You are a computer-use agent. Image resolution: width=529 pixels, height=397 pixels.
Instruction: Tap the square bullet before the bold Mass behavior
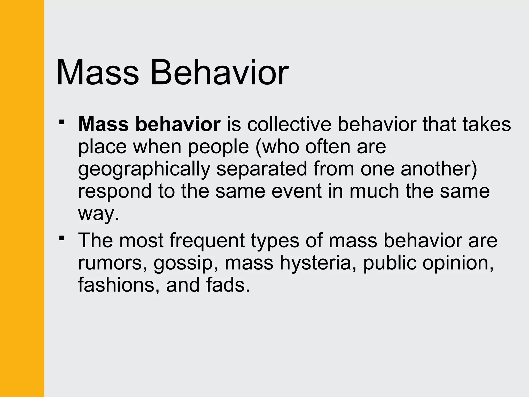61,122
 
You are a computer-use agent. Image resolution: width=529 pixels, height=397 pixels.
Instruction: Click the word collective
289,125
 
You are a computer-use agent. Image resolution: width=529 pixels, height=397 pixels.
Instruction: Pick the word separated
262,169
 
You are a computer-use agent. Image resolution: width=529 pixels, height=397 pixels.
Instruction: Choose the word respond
115,192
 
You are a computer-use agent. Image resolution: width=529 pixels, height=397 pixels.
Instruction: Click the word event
297,191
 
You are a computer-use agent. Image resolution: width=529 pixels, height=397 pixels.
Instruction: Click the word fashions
118,285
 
